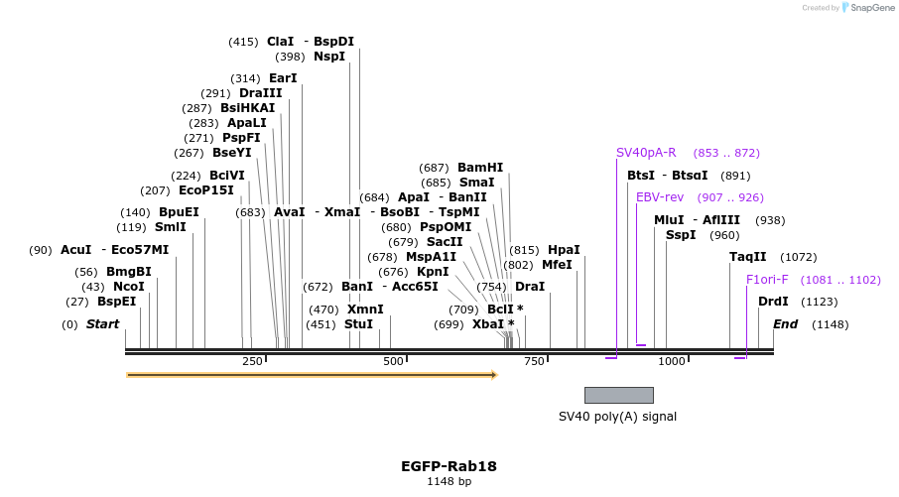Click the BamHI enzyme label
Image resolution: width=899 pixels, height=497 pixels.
point(480,168)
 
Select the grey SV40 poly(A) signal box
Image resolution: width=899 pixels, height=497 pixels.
point(618,395)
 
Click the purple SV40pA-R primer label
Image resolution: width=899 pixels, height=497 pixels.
point(646,153)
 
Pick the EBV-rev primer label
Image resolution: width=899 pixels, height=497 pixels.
point(660,197)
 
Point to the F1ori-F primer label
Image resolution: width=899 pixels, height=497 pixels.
point(767,280)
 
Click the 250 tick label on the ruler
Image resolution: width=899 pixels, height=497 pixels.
point(252,361)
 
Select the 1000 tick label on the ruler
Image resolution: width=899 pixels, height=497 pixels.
point(672,361)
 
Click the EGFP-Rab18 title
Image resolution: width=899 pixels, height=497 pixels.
point(449,465)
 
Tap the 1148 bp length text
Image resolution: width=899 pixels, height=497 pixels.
point(449,482)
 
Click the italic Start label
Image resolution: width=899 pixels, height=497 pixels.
point(102,324)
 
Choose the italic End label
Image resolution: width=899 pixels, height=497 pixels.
point(785,324)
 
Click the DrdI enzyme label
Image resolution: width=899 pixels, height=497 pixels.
point(773,302)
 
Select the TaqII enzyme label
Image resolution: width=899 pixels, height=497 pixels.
point(748,257)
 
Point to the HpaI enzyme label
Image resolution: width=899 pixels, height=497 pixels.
point(564,250)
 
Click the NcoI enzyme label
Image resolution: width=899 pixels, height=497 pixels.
point(129,287)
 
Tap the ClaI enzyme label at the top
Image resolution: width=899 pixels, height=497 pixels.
point(281,42)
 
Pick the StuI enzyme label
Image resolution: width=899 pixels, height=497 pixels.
point(358,324)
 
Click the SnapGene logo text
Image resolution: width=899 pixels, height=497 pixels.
point(869,8)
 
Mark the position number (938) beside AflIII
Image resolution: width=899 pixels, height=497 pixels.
point(770,220)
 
